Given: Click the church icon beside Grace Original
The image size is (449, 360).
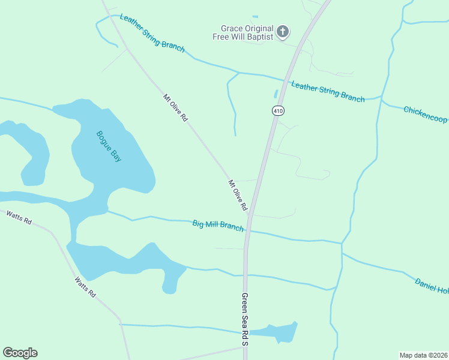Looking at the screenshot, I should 283,32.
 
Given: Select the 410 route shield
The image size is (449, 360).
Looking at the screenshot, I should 277,110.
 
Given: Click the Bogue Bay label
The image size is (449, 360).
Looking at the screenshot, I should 109,146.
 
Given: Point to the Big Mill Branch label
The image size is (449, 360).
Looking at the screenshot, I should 218,226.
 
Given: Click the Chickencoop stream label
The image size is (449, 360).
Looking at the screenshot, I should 425,114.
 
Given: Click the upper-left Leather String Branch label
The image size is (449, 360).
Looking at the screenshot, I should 152,34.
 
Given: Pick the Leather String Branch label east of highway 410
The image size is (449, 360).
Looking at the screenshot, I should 328,91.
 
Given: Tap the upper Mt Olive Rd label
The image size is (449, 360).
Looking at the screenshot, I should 175,108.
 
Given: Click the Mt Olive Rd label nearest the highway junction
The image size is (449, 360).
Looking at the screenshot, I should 238,195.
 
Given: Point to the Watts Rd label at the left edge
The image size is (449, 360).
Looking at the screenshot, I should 19,217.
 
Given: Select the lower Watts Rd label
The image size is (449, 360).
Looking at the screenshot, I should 85,287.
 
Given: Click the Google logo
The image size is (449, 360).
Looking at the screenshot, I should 20,353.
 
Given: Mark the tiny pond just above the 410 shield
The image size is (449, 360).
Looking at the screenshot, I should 276,94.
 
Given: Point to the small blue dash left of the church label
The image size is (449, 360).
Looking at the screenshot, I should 255,17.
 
